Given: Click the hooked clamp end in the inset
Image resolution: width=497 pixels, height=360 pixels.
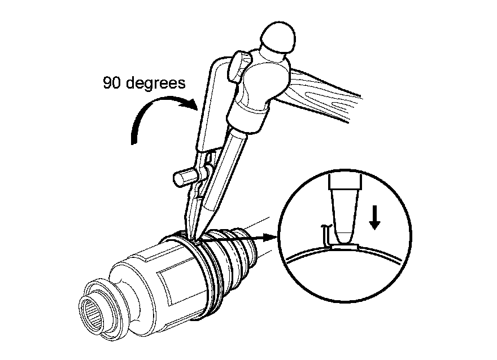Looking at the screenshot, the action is click(x=325, y=235).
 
